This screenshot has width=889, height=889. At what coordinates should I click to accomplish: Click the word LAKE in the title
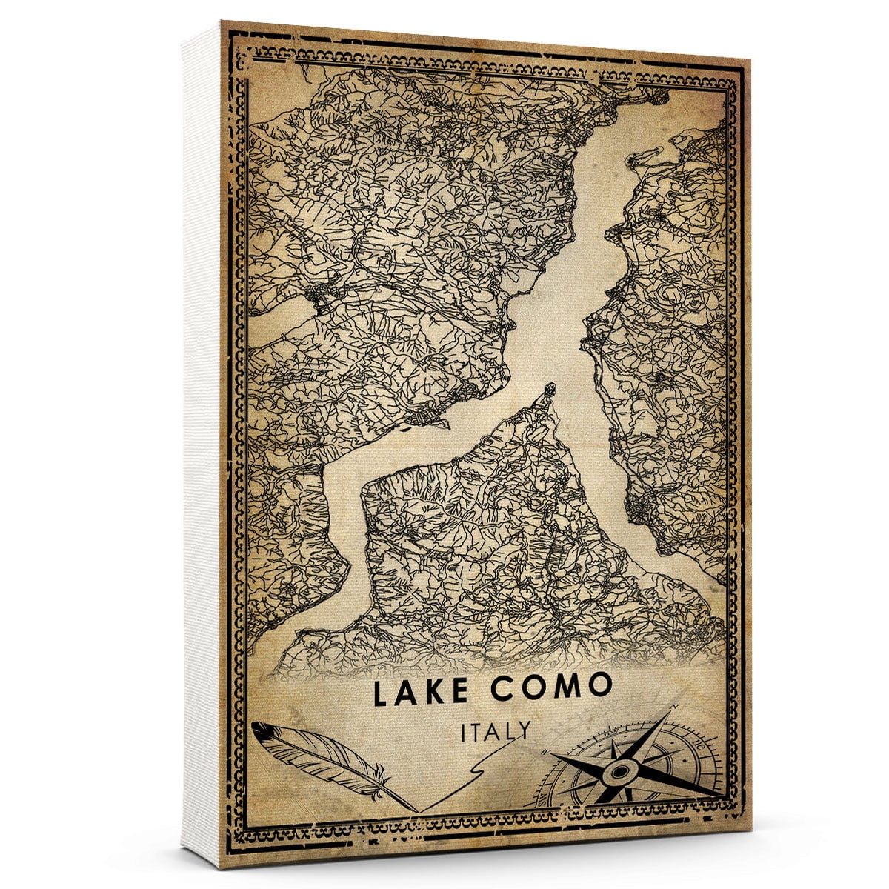pyautogui.click(x=420, y=691)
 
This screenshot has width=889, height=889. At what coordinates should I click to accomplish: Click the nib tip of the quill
pyautogui.click(x=418, y=810)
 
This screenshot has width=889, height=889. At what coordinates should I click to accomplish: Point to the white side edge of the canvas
pyautogui.click(x=204, y=444)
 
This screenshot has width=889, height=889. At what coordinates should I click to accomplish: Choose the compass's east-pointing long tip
pyautogui.click(x=722, y=796)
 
